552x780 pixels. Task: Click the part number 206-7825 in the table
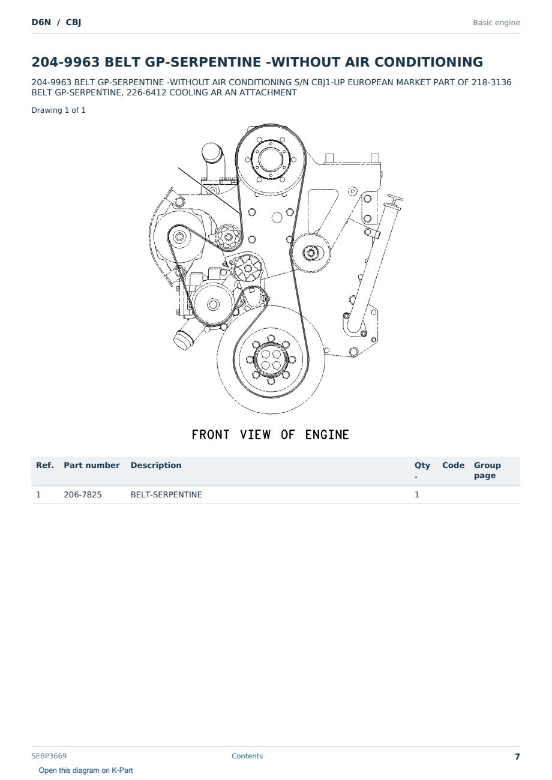tap(83, 494)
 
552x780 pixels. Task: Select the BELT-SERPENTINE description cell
tap(166, 494)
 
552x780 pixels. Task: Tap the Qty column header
tap(422, 470)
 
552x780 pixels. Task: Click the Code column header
tap(453, 465)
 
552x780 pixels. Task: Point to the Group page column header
tap(487, 470)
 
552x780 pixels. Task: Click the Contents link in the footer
tap(247, 756)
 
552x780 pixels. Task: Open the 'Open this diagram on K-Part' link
tap(86, 770)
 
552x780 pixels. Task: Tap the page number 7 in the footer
tap(517, 757)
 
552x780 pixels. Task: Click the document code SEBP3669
tap(49, 756)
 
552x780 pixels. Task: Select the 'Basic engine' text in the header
tap(496, 23)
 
